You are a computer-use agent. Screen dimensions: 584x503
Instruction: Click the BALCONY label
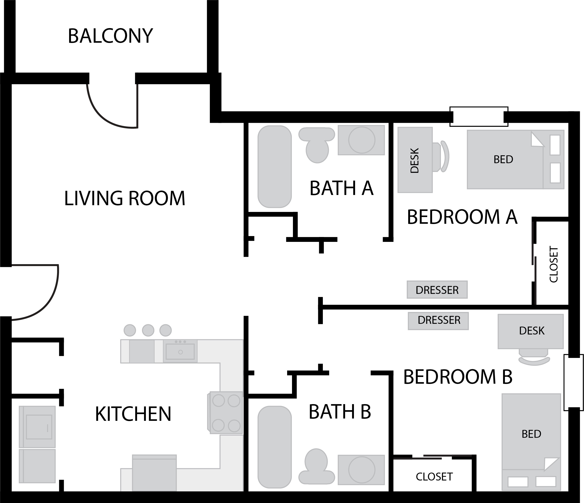pyautogui.click(x=110, y=36)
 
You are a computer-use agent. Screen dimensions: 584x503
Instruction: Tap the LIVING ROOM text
pyautogui.click(x=125, y=198)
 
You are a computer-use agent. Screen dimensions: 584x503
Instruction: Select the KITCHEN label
pyautogui.click(x=133, y=414)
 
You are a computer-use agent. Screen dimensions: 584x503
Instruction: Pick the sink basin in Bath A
pyautogui.click(x=362, y=140)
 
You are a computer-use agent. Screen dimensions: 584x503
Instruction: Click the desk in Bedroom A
pyautogui.click(x=415, y=160)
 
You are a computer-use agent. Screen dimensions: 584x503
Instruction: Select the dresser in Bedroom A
pyautogui.click(x=437, y=290)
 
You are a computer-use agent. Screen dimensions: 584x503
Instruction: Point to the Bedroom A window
pyautogui.click(x=478, y=117)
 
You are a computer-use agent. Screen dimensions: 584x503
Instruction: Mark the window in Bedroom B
pyautogui.click(x=573, y=383)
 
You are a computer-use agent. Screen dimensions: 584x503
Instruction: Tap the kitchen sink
pyautogui.click(x=180, y=351)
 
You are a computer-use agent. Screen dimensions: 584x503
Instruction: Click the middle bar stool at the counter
pyautogui.click(x=148, y=330)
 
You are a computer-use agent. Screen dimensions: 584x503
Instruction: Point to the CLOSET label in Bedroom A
pyautogui.click(x=554, y=264)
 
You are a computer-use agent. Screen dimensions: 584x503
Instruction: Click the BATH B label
pyautogui.click(x=340, y=412)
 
